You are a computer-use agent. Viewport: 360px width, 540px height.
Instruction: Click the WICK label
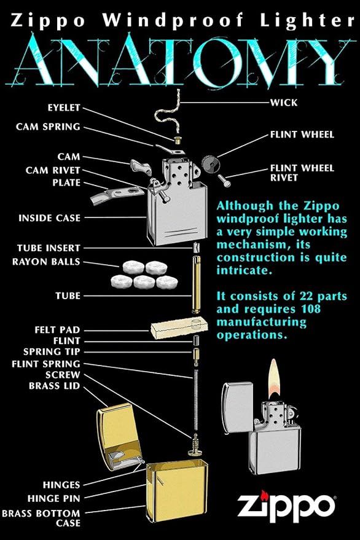(284, 103)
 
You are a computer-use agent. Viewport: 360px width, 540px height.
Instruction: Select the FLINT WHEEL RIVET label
(302, 173)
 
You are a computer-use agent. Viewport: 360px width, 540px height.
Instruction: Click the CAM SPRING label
(48, 127)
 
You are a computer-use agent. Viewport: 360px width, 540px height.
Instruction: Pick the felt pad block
(179, 327)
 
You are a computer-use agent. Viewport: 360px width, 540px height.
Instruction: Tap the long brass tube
(197, 284)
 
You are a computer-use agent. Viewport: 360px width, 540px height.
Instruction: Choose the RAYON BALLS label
(46, 262)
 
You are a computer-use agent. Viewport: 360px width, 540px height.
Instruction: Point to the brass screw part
(196, 445)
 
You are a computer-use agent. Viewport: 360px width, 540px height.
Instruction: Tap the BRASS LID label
(55, 386)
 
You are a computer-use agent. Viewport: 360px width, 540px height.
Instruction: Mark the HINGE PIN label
(53, 498)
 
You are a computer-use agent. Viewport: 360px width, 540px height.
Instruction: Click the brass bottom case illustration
(176, 491)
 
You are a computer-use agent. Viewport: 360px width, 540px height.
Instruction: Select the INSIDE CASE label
(49, 218)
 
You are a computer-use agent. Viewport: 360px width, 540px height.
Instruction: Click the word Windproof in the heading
(173, 21)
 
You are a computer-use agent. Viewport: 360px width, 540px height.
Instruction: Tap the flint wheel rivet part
(224, 181)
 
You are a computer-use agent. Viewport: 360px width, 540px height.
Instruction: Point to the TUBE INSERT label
(49, 248)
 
